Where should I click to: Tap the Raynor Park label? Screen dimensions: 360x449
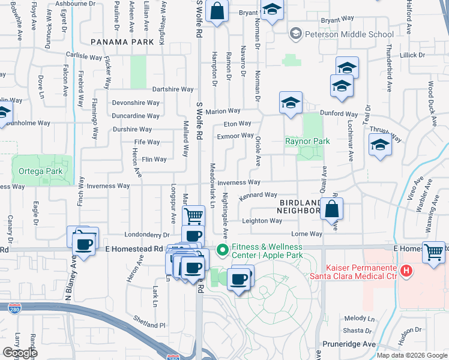pyautogui.click(x=307, y=142)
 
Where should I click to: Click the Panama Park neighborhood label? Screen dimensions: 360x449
pyautogui.click(x=119, y=42)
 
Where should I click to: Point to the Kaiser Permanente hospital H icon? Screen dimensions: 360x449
pyautogui.click(x=406, y=271)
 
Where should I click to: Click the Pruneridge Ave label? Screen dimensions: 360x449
pyautogui.click(x=349, y=344)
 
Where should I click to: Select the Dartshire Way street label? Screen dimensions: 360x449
pyautogui.click(x=172, y=89)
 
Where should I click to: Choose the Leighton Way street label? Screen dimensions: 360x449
pyautogui.click(x=262, y=221)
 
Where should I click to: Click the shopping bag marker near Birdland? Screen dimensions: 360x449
pyautogui.click(x=331, y=209)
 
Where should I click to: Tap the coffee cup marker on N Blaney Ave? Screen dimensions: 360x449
pyautogui.click(x=83, y=244)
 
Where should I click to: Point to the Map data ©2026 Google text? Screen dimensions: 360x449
pyautogui.click(x=411, y=355)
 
